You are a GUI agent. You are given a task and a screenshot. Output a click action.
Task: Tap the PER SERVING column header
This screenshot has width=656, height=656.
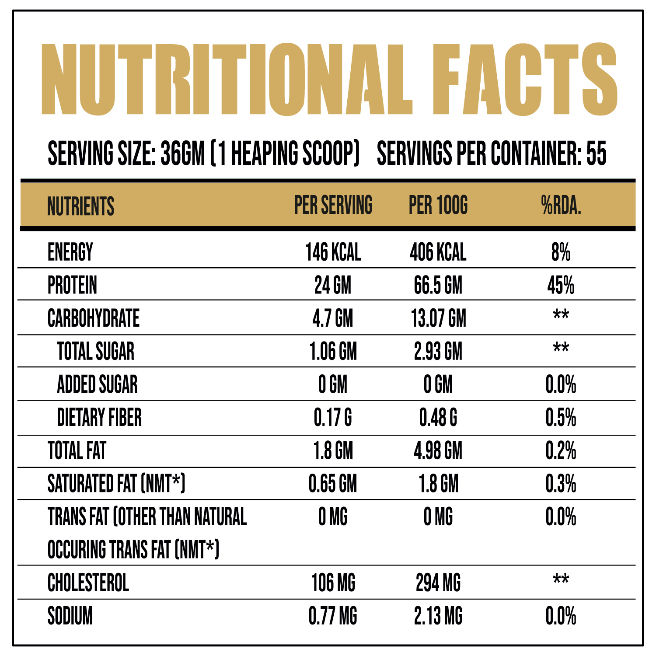coord(333,205)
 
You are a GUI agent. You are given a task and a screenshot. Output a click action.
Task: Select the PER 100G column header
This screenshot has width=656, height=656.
coord(438,205)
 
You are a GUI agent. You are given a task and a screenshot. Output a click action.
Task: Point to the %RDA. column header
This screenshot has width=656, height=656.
coord(561,205)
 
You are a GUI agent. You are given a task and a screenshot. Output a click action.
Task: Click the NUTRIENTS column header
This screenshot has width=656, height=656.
coord(80,206)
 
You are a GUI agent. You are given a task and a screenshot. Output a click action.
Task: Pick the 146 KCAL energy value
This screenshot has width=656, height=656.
coord(333,252)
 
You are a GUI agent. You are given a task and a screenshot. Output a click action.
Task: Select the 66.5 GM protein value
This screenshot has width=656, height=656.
coord(438,286)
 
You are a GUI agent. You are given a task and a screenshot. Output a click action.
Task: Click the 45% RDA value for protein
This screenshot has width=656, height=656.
coord(561,286)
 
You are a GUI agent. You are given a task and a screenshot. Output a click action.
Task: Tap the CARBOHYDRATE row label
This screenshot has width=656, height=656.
coord(94,318)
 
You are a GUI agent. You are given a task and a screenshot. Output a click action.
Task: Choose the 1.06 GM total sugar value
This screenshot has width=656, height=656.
coord(333,352)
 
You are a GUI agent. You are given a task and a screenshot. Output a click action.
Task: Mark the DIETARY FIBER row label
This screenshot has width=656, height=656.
coord(99,418)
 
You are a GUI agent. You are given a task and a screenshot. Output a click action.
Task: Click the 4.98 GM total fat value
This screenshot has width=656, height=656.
coord(438,451)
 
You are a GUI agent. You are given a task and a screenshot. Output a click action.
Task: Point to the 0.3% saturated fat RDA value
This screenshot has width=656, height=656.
coord(561,484)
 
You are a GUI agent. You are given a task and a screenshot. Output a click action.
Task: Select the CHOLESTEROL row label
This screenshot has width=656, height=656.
coord(88,583)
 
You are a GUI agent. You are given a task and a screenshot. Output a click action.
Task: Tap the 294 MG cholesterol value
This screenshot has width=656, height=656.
coord(438,583)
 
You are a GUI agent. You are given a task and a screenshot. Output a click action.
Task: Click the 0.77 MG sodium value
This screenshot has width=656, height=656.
coord(333,616)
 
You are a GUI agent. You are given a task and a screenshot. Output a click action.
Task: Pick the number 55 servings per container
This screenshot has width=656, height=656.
coord(597,154)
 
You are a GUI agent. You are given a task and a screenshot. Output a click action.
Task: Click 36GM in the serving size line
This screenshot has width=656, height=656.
coord(183,154)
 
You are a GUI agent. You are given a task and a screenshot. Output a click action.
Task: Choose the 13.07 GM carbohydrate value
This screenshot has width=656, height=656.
coord(438,318)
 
